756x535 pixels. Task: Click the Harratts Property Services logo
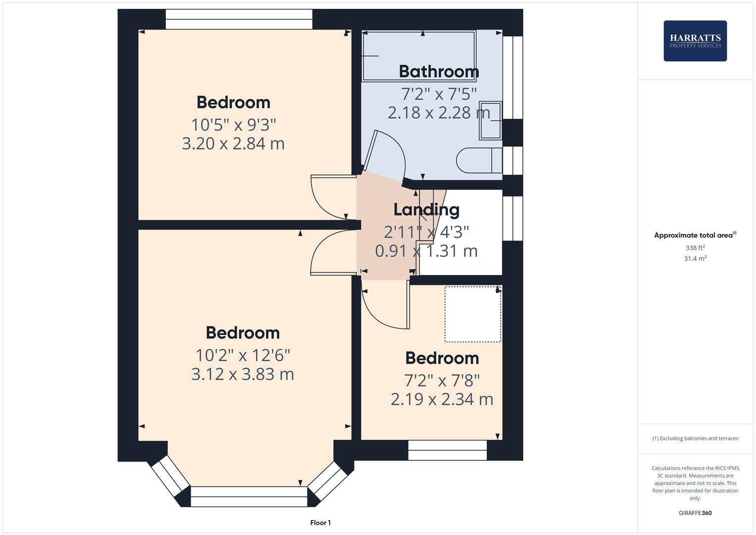(x=695, y=41)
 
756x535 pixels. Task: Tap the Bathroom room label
(x=439, y=72)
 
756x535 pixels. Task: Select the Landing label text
(x=426, y=210)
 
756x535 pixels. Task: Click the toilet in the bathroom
(x=478, y=160)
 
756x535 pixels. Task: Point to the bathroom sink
(x=490, y=120)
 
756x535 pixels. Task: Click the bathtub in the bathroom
(x=419, y=55)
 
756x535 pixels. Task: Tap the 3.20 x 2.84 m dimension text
(x=233, y=144)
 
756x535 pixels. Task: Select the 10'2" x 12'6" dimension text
(x=243, y=355)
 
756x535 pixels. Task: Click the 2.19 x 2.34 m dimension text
(x=442, y=399)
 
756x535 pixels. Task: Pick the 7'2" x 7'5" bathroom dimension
(x=439, y=93)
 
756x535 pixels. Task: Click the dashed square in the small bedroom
(x=472, y=314)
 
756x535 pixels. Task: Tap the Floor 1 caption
(x=320, y=523)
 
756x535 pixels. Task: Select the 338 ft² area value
(x=695, y=248)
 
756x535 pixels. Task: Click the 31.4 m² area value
(x=695, y=259)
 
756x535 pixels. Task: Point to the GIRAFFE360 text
(x=695, y=513)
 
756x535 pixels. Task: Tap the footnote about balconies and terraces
(x=695, y=438)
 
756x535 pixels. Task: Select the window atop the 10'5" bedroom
(x=239, y=19)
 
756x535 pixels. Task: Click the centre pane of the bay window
(x=249, y=496)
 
